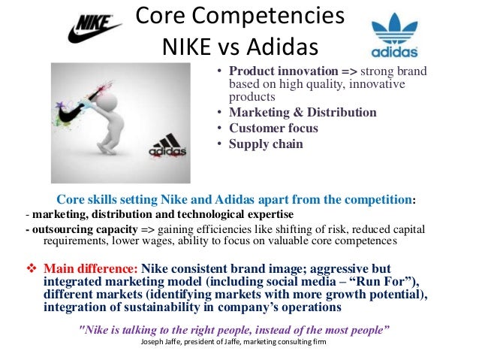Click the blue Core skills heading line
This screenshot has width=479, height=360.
pos(236,199)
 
